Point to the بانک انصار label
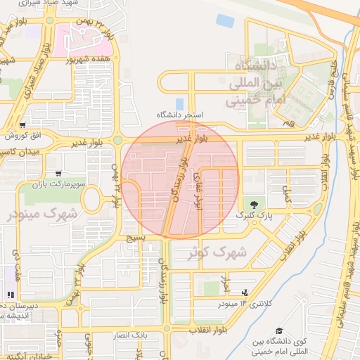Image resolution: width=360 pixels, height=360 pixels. [132, 335]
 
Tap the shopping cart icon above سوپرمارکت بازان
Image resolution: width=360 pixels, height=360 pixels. [58, 173]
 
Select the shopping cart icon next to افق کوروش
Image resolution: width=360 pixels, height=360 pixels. [23, 124]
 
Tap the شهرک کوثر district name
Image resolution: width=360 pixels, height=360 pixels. [215, 252]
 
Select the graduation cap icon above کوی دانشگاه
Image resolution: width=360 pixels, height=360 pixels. [279, 330]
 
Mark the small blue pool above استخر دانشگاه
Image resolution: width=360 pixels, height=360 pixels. [179, 103]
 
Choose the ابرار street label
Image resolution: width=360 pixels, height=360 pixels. [226, 285]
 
